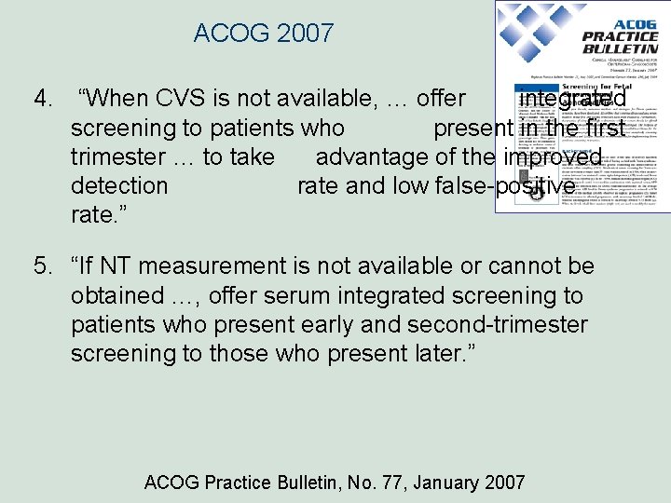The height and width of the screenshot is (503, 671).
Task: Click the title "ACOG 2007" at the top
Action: pyautogui.click(x=263, y=34)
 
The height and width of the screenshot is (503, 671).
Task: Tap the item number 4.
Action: pyautogui.click(x=41, y=99)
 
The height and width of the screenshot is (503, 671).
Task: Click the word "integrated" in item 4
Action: pyautogui.click(x=572, y=99)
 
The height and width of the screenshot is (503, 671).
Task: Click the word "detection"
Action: pyautogui.click(x=119, y=185)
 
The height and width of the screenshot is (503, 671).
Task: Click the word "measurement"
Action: pyautogui.click(x=212, y=267)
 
